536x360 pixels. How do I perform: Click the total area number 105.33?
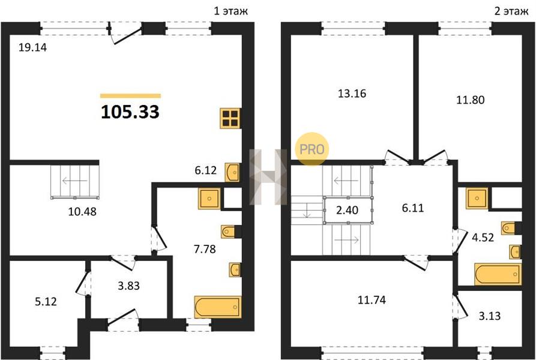pyautogui.click(x=130, y=112)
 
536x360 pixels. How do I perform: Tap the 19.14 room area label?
pyautogui.click(x=32, y=47)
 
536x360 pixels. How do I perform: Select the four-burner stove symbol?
pyautogui.click(x=230, y=118)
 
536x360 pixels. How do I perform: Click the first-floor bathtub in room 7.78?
pyautogui.click(x=217, y=307)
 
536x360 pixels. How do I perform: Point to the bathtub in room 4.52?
pyautogui.click(x=498, y=274)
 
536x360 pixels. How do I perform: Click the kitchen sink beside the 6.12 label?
pyautogui.click(x=232, y=172)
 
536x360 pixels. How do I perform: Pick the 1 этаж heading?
pyautogui.click(x=230, y=11)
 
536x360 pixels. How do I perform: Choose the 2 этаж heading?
pyautogui.click(x=511, y=11)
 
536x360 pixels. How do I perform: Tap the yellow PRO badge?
pyautogui.click(x=312, y=149)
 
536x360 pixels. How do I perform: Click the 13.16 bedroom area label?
pyautogui.click(x=352, y=93)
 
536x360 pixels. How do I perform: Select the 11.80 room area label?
pyautogui.click(x=471, y=100)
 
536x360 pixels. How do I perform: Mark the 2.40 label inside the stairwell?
pyautogui.click(x=348, y=210)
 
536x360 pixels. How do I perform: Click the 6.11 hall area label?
pyautogui.click(x=413, y=208)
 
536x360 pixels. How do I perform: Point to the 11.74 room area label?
pyautogui.click(x=372, y=300)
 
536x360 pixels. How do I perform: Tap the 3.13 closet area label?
pyautogui.click(x=490, y=316)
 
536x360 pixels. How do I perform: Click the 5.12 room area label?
pyautogui.click(x=46, y=302)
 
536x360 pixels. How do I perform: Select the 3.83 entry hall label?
pyautogui.click(x=128, y=286)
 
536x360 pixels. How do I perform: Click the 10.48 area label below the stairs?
pyautogui.click(x=82, y=212)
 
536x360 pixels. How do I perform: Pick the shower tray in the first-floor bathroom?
pyautogui.click(x=209, y=199)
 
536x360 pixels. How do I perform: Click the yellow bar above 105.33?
pyautogui.click(x=130, y=96)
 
